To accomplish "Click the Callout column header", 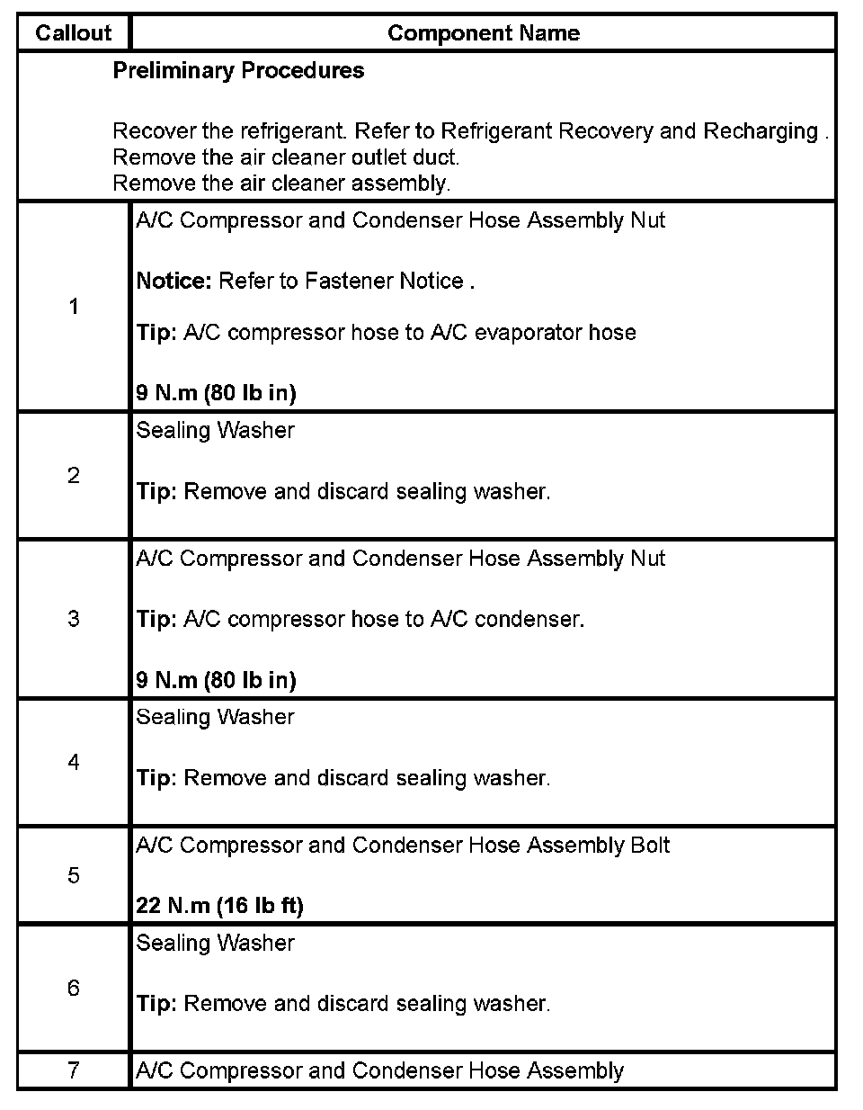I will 73,33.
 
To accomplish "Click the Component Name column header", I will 483,33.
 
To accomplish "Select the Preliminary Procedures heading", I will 238,71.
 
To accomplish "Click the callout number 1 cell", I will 74,307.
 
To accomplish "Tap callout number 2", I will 74,475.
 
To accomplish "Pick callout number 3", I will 74,619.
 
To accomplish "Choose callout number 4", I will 74,762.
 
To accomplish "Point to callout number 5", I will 74,875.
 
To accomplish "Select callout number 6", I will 74,988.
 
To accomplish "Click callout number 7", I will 74,1070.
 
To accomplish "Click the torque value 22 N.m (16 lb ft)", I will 219,906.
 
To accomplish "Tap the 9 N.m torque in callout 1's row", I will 216,393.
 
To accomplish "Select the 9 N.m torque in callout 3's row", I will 216,680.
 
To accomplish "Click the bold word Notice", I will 173,281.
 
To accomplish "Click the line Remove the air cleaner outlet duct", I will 286,157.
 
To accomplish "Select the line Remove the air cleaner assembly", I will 281,184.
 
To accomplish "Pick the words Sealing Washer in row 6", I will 215,943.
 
